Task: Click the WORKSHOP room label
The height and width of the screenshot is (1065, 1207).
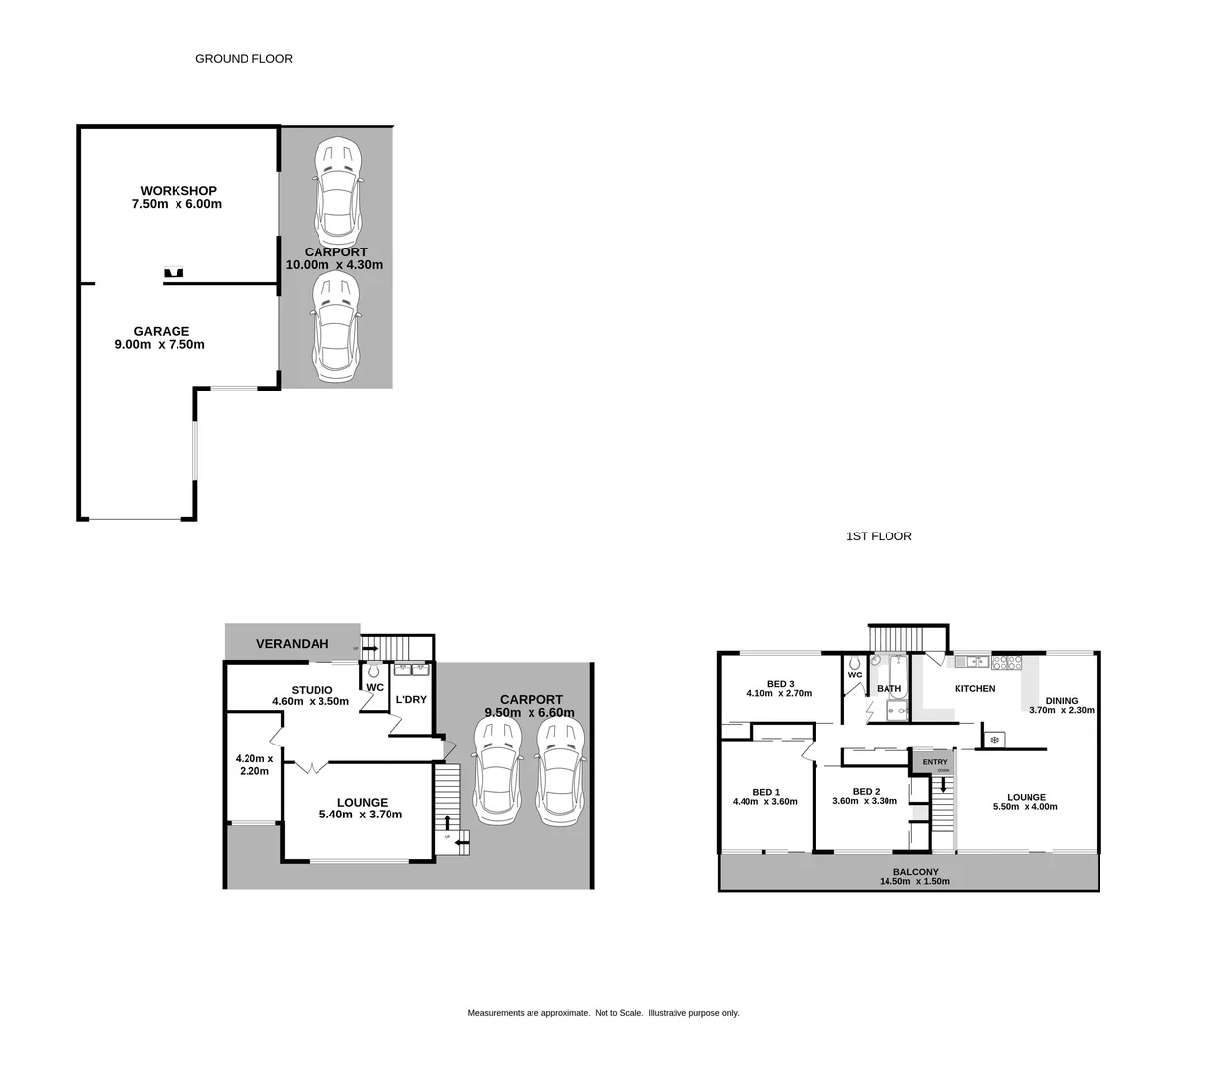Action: tap(178, 191)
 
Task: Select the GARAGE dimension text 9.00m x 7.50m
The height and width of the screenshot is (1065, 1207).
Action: tap(160, 345)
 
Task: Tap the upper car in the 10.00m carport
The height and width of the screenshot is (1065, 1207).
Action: tap(337, 191)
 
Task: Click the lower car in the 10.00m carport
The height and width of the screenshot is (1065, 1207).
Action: tap(337, 328)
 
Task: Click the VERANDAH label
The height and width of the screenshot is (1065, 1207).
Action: tap(292, 644)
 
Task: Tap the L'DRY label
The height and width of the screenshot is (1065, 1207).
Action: tap(410, 700)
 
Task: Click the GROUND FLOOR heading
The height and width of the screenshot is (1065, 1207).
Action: tap(244, 59)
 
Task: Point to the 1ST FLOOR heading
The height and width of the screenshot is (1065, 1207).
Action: tap(879, 536)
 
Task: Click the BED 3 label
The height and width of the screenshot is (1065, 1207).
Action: tap(780, 684)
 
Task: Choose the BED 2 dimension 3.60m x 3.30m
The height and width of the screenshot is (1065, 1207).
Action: tap(865, 801)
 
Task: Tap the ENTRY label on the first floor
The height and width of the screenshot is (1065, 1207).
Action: tap(934, 762)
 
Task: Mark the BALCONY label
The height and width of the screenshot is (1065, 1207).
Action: tap(915, 872)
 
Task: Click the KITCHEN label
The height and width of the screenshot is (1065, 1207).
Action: tap(974, 689)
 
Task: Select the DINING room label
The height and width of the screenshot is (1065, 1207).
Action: tap(1062, 701)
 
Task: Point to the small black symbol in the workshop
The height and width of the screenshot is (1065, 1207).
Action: tap(175, 273)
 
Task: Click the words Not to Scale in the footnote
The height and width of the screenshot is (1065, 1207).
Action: tap(619, 1013)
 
